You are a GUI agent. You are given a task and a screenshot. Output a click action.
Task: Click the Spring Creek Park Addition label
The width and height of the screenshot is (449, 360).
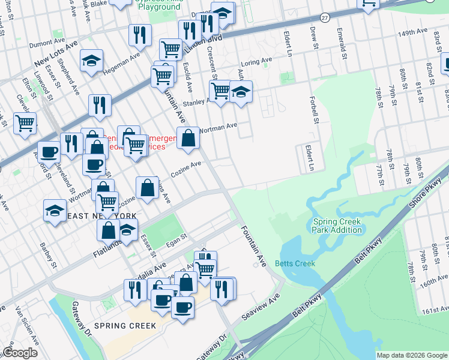coord(337,226)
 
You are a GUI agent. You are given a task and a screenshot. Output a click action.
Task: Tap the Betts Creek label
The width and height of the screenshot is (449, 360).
coord(295,263)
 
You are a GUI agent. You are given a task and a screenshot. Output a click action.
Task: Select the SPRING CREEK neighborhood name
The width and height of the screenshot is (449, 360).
coord(125,326)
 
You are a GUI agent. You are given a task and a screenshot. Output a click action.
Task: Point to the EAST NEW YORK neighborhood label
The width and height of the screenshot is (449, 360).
coord(102,216)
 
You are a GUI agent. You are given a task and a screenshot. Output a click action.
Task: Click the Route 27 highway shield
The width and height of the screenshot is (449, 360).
coord(324,17)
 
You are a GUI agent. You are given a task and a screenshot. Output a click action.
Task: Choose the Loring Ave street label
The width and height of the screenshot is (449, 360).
coord(256,62)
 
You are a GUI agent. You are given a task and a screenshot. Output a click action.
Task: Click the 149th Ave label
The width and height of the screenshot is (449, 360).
coord(412,31)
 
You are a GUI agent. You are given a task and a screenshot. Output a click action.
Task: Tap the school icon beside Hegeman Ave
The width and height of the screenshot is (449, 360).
coord(91,60)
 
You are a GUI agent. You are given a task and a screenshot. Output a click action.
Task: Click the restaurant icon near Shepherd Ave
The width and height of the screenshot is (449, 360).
coord(100,105)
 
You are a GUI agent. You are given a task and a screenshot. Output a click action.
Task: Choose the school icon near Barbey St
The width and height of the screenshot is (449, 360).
coord(55,210)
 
